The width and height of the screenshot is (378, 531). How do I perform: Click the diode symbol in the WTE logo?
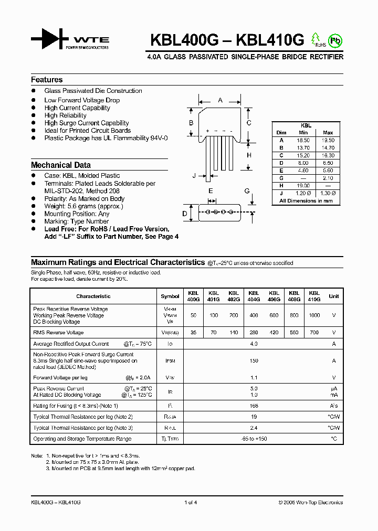(50, 40)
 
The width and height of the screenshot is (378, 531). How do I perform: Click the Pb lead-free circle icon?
(334, 40)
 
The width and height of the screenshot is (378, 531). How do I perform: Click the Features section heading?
(47, 80)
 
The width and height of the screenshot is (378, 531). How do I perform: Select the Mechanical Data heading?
(61, 165)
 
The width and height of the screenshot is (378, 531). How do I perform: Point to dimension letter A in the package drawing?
(220, 100)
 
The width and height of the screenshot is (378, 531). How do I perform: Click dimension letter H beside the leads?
(249, 155)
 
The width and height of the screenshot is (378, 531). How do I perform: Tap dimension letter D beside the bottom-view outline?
(185, 213)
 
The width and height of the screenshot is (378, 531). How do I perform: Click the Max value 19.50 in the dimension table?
(328, 141)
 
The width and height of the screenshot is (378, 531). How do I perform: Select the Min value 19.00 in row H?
(303, 186)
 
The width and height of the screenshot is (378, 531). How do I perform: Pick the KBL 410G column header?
(314, 296)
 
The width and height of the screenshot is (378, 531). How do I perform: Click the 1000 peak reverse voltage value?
(314, 315)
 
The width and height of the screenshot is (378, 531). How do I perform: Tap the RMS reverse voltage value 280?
(254, 333)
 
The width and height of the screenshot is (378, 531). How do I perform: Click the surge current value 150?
(254, 361)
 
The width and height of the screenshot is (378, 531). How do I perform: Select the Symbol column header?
(170, 296)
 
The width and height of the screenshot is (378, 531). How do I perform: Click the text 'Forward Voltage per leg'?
(60, 377)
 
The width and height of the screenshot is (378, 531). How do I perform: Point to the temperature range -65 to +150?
(254, 438)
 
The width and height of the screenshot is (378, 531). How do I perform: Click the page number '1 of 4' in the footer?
(191, 502)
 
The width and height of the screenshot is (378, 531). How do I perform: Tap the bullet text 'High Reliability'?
(66, 115)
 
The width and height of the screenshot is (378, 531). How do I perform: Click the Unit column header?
(334, 296)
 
